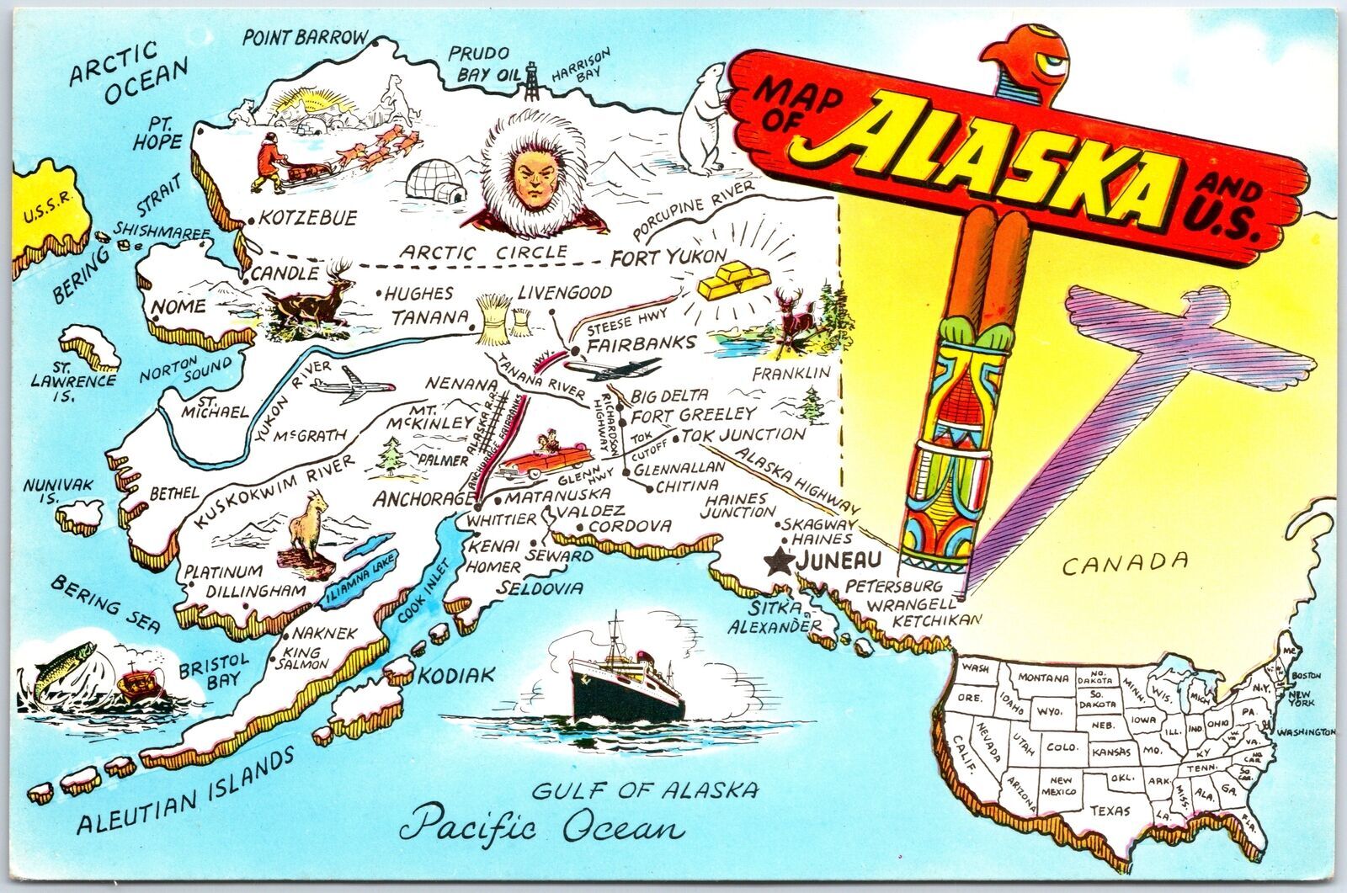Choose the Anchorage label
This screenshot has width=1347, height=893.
[x=424, y=498]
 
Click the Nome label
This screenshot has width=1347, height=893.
[x=178, y=307]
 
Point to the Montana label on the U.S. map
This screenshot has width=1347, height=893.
[x=1042, y=678]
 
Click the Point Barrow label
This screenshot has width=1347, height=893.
[x=305, y=37]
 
